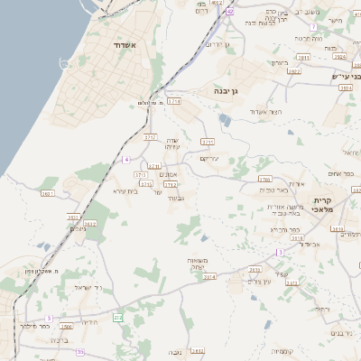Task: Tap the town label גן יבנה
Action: (227, 91)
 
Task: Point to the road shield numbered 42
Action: (230, 12)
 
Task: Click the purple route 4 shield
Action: (127, 159)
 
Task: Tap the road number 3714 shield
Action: (174, 101)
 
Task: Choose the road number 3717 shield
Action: (150, 136)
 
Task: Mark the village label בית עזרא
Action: (125, 191)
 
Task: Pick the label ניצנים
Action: (79, 228)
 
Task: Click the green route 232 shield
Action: (118, 318)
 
